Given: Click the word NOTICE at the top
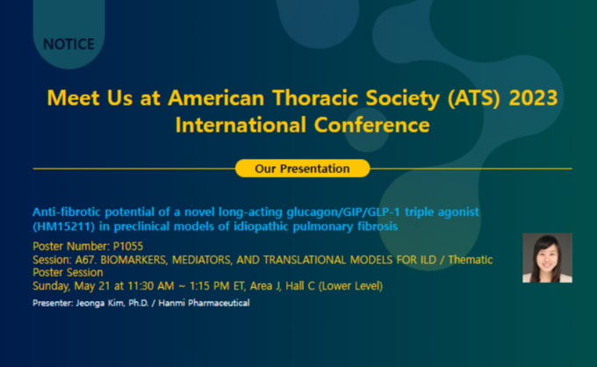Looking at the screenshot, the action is (x=68, y=44).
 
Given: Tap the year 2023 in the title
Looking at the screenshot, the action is (x=533, y=97).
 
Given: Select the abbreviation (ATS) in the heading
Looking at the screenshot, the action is (x=473, y=98).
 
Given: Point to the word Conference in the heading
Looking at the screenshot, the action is (x=371, y=125).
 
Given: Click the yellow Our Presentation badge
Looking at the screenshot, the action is (x=302, y=169).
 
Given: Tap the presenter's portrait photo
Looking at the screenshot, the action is (x=547, y=258).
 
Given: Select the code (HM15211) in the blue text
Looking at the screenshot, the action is (x=63, y=227).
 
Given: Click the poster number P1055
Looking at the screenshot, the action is (x=128, y=247).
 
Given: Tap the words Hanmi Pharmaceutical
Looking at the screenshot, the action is (x=204, y=303).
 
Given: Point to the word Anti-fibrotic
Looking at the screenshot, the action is (x=67, y=212).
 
